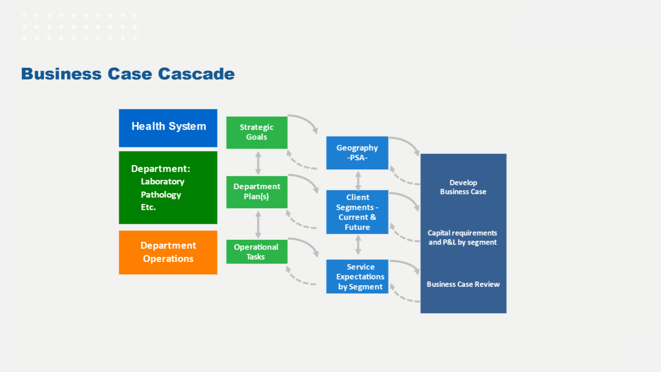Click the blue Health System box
click(168, 128)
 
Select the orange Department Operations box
click(168, 253)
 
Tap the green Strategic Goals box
click(257, 133)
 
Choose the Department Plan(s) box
click(257, 192)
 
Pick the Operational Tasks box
click(257, 252)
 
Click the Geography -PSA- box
click(357, 153)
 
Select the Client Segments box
click(357, 212)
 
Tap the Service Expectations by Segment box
click(357, 276)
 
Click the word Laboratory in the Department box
click(163, 181)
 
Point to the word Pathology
click(161, 195)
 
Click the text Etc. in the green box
click(148, 207)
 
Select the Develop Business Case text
click(463, 187)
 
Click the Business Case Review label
click(463, 284)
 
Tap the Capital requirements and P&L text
click(462, 238)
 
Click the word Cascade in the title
click(196, 74)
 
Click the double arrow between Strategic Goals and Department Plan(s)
click(258, 163)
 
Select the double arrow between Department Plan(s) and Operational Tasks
click(258, 224)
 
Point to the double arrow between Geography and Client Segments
click(358, 181)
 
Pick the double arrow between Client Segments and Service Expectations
click(358, 245)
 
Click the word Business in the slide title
click(61, 74)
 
